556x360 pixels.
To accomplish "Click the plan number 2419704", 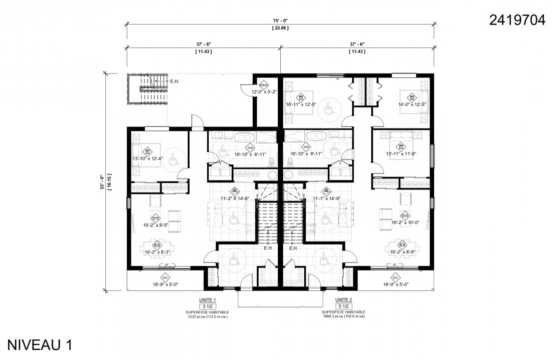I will click(x=517, y=20).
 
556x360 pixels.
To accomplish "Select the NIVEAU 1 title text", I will click(x=40, y=344).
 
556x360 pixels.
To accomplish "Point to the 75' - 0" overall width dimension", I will click(x=280, y=20).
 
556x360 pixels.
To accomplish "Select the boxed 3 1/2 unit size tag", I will click(x=206, y=305).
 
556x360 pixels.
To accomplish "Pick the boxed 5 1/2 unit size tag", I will click(x=342, y=305).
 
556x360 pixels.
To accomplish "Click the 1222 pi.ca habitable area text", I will click(x=206, y=316).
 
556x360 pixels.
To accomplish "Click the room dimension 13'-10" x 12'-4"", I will click(x=148, y=158).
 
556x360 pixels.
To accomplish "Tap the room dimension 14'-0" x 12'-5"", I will click(x=412, y=104).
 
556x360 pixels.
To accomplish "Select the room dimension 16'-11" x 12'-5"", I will click(x=301, y=104).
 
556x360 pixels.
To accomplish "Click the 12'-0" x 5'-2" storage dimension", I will click(x=264, y=91).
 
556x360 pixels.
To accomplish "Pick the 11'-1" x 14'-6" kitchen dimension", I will click(x=326, y=198).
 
